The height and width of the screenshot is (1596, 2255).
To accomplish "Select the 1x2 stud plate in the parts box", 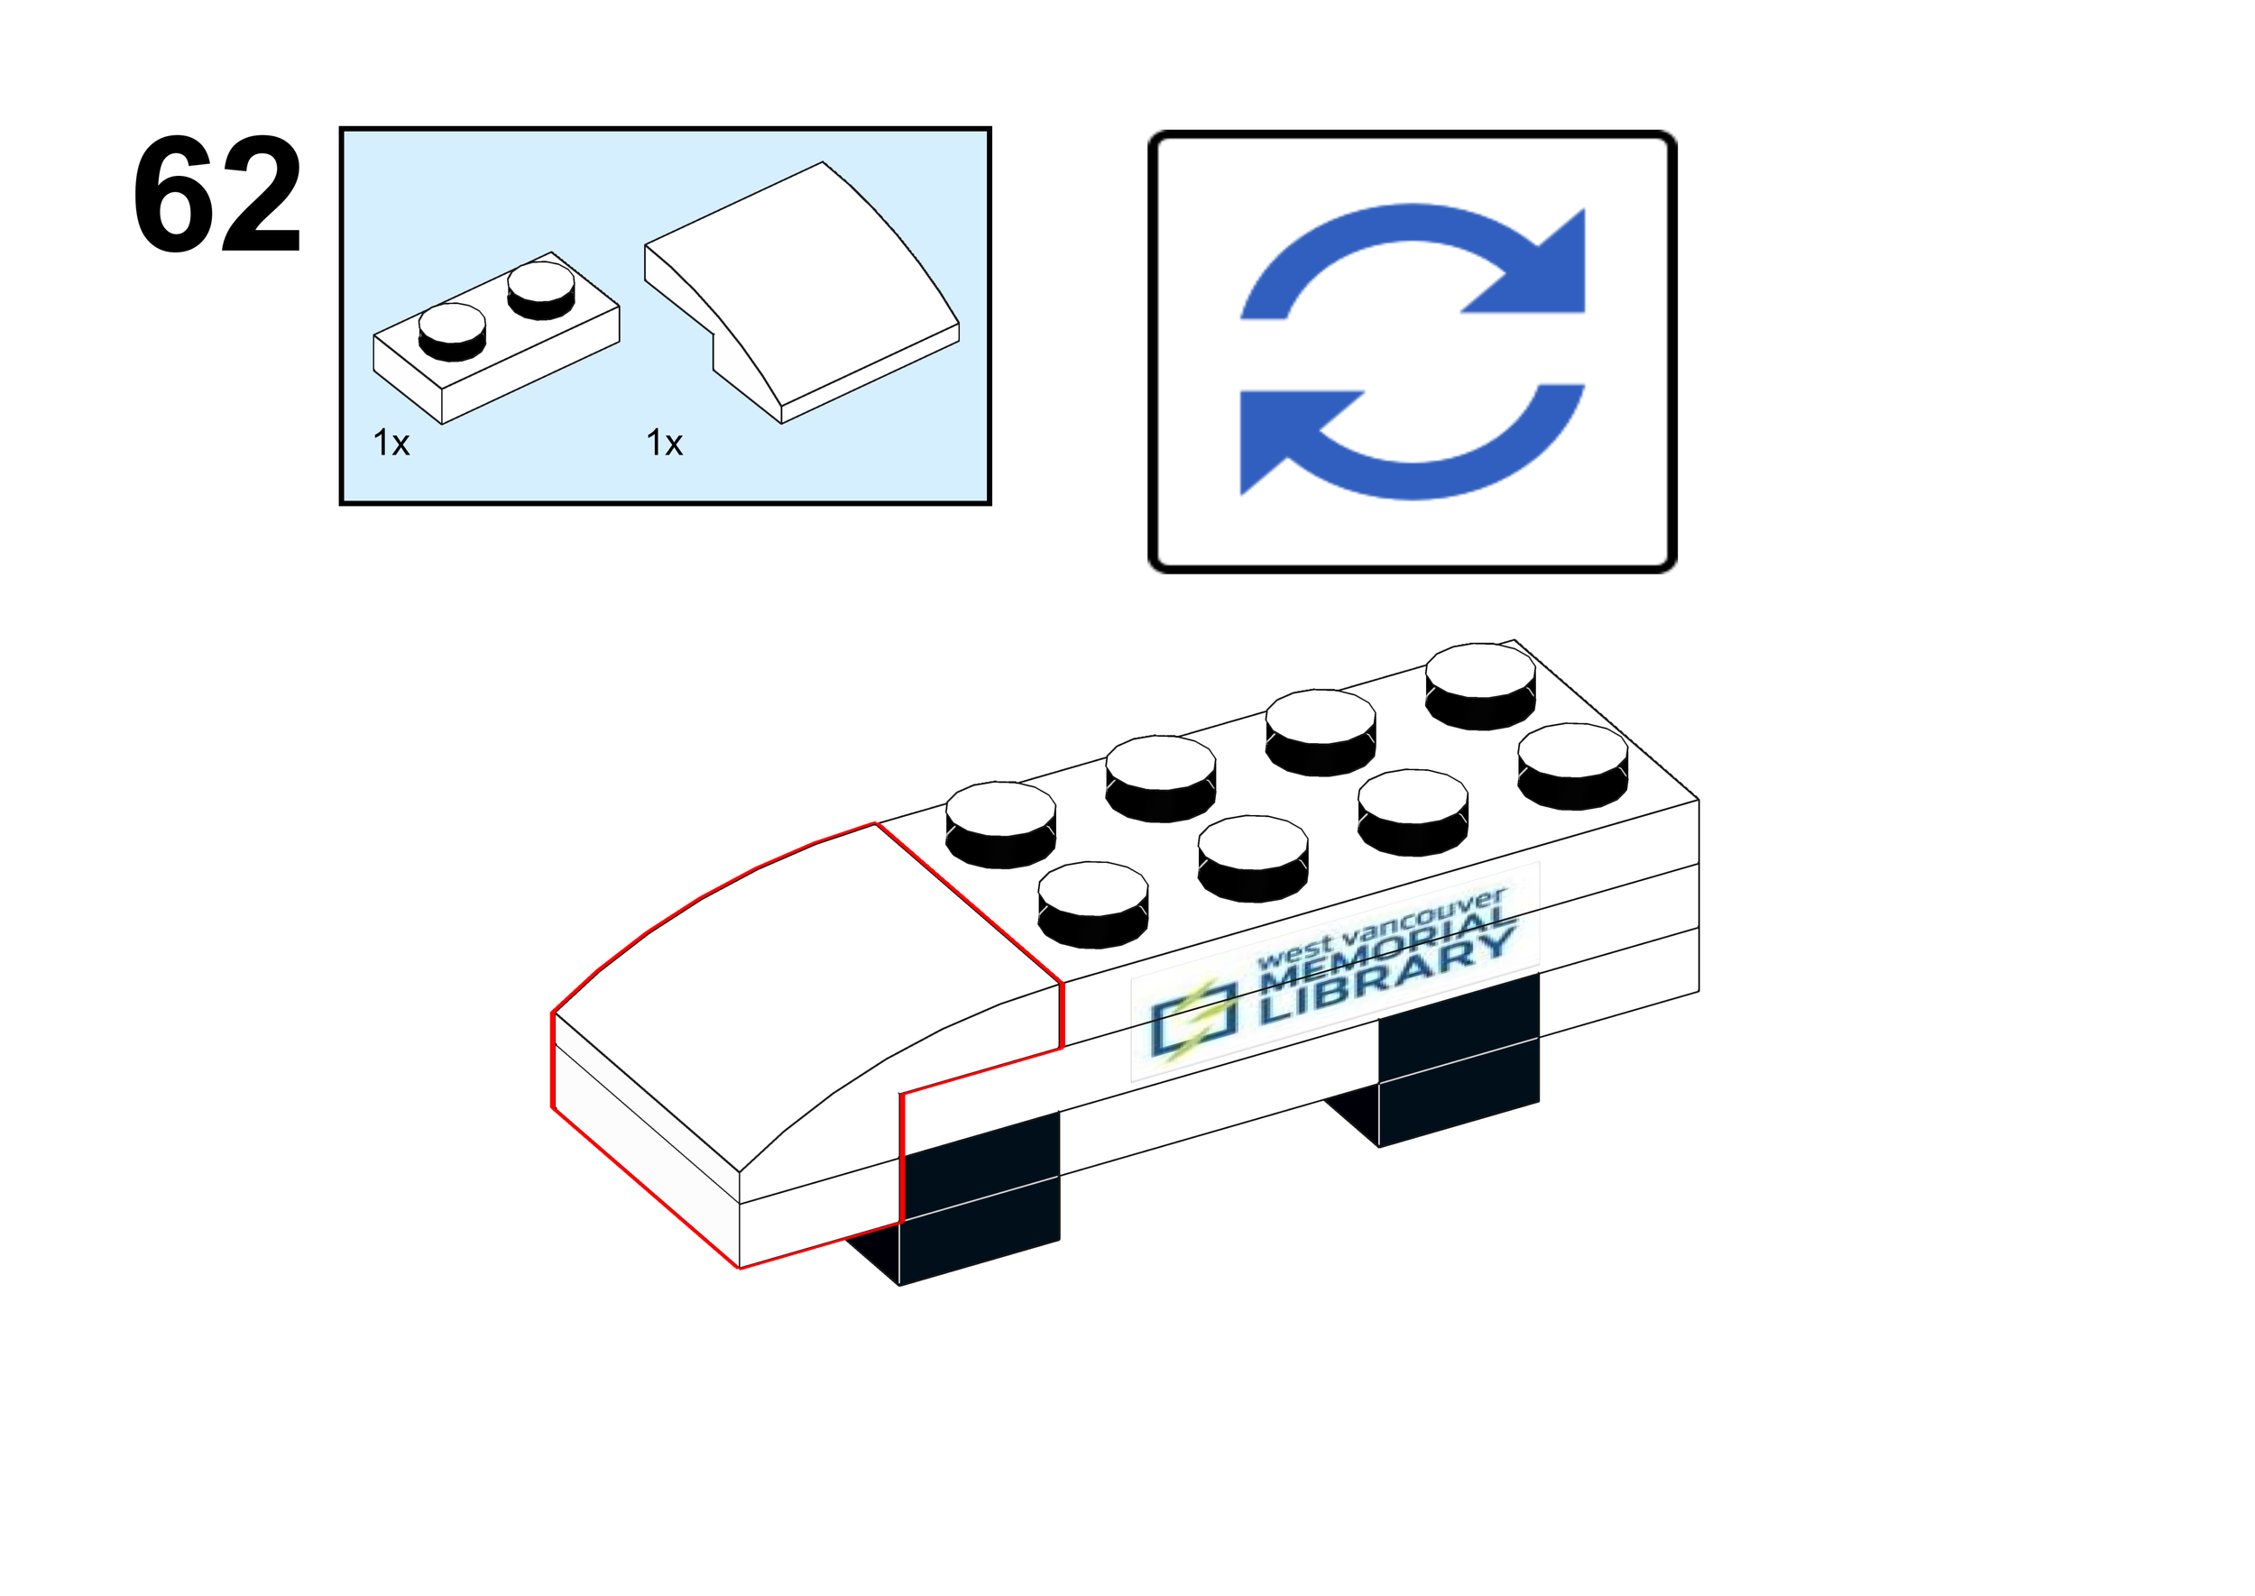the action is click(x=495, y=339).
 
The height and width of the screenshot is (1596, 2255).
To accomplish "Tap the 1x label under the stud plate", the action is click(x=391, y=444).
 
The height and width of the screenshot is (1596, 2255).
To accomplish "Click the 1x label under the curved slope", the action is click(x=665, y=444).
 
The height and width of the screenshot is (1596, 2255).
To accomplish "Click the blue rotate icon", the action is click(x=1412, y=351).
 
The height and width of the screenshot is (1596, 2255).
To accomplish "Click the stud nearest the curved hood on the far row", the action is click(x=1000, y=823).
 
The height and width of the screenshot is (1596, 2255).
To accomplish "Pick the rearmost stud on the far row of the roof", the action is click(x=1480, y=685).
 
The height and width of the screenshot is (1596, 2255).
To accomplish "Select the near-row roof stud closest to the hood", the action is click(x=1092, y=904).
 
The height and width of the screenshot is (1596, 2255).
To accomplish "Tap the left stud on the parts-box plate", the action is click(x=452, y=330).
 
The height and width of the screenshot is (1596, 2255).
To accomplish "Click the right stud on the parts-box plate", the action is click(x=540, y=289).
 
